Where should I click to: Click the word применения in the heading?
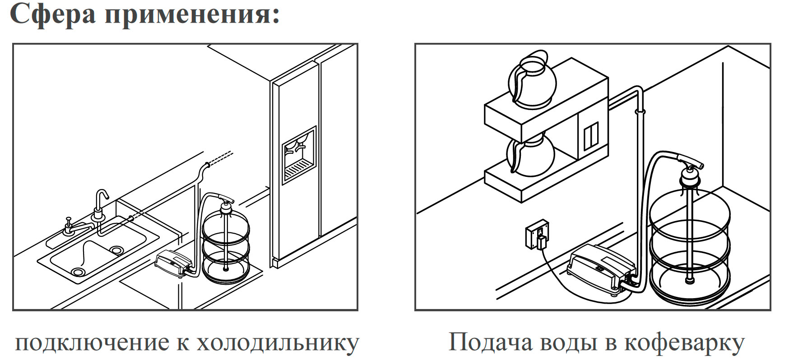(192, 14)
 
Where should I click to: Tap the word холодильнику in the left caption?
(278, 344)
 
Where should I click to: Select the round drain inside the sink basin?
(117, 249)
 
